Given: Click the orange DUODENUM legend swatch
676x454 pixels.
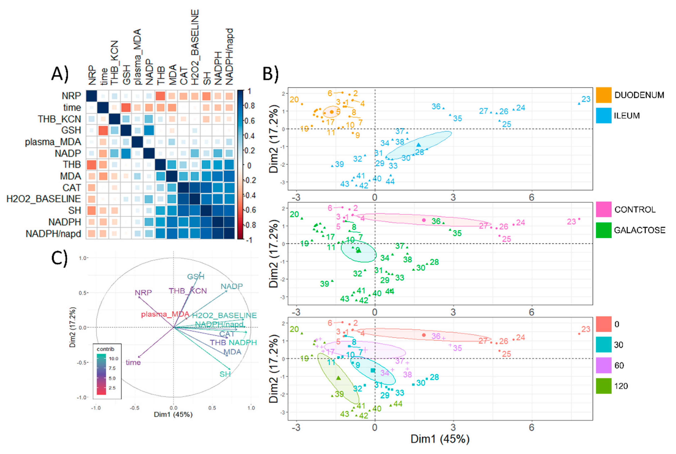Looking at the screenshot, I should (603, 95).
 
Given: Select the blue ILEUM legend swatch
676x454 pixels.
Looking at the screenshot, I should (603, 115).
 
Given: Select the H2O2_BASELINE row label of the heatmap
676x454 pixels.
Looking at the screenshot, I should (44, 199).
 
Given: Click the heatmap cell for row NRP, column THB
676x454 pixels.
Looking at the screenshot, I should (160, 96).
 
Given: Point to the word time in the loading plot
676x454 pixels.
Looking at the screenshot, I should (133, 362).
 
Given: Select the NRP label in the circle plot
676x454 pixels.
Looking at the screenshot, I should (143, 293).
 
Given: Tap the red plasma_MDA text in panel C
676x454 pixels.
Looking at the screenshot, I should (165, 314).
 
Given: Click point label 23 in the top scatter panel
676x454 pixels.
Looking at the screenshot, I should (586, 99).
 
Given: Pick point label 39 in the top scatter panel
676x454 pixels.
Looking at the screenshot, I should (339, 164).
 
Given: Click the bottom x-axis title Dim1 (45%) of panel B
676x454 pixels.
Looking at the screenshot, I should (440, 439).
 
